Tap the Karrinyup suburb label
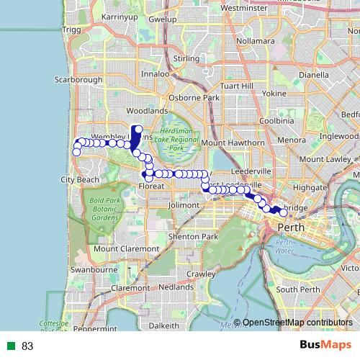120,16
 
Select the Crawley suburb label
201,274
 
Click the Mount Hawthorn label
233,143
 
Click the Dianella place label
313,73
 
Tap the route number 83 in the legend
28,346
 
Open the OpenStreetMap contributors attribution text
297,323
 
